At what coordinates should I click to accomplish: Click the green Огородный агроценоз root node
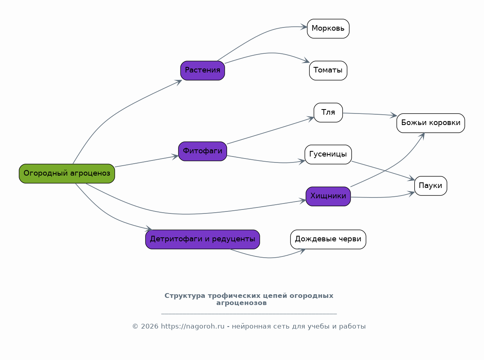tap(67, 174)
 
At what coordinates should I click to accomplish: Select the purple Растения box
tap(202, 71)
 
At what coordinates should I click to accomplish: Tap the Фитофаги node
tap(202, 151)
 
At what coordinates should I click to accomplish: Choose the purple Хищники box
tap(328, 196)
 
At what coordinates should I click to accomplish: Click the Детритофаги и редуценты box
tap(202, 239)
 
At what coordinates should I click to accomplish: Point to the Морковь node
tap(328, 29)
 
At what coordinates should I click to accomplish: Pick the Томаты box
tap(328, 71)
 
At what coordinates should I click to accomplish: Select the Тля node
tap(328, 113)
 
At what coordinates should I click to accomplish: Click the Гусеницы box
tap(328, 155)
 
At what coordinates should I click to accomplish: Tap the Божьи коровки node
tap(431, 123)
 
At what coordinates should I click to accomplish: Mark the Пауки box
tap(431, 186)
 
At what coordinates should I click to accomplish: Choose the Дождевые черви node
tap(328, 239)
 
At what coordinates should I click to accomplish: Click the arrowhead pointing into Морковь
tap(304, 27)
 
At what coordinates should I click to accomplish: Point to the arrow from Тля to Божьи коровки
tap(370, 114)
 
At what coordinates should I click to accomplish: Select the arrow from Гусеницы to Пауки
tap(383, 170)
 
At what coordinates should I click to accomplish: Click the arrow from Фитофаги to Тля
tap(270, 131)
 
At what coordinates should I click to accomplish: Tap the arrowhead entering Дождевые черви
tap(302, 251)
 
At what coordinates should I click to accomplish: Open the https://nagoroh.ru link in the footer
tap(193, 327)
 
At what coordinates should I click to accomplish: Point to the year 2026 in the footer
tap(150, 327)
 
